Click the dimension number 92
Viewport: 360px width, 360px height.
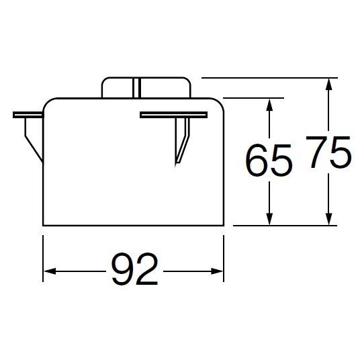(134, 271)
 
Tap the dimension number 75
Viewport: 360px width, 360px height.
(329, 154)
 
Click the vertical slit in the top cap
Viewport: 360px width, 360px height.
(136, 88)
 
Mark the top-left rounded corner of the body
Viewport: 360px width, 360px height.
(47, 103)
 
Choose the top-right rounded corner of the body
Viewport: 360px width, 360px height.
(219, 103)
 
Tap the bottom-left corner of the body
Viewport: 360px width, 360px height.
(44, 225)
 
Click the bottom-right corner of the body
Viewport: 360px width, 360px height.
(223, 225)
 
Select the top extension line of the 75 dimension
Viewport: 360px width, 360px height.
(269, 78)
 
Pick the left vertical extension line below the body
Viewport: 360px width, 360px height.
(44, 255)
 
